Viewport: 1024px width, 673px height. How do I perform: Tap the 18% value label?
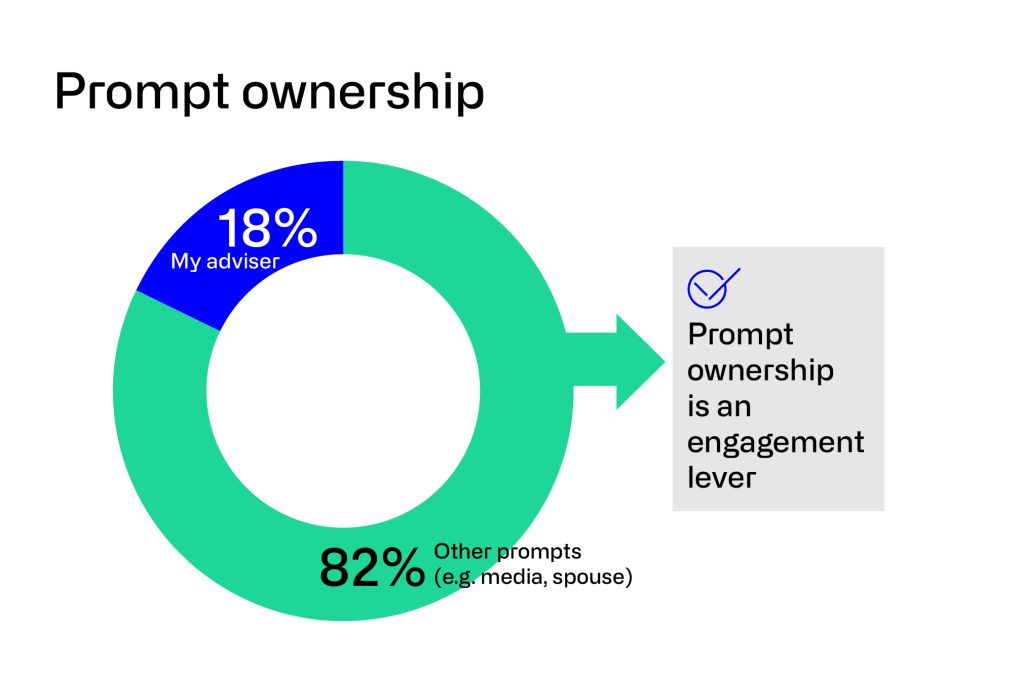[x=267, y=228]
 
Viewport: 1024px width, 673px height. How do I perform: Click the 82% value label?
[x=372, y=568]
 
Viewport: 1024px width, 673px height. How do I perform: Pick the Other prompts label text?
[x=507, y=552]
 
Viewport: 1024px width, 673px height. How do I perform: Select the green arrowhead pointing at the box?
[x=636, y=361]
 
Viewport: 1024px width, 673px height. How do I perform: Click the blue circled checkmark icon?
[x=713, y=285]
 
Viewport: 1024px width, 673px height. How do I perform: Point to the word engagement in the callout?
[x=775, y=443]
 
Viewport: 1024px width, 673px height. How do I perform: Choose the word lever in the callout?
[x=721, y=477]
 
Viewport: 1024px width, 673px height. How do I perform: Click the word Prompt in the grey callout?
[x=741, y=334]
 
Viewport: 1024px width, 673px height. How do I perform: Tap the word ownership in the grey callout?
[x=760, y=370]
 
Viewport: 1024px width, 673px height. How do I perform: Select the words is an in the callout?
[x=719, y=406]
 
